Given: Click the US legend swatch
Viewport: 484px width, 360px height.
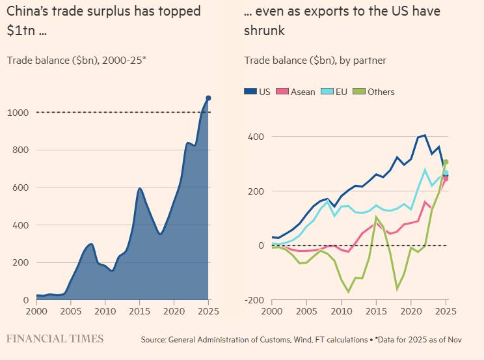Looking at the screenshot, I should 250,92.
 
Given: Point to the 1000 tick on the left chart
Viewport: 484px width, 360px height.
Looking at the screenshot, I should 18,113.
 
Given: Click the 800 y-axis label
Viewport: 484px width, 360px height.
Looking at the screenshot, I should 20,150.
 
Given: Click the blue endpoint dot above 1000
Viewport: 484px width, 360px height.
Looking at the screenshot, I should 208,98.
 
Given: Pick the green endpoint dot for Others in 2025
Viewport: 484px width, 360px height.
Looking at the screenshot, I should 446,162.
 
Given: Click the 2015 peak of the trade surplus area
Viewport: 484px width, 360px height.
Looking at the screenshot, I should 140,189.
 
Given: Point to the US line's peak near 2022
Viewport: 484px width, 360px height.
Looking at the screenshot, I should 425,135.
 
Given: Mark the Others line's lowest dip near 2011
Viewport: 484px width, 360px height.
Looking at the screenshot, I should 348,292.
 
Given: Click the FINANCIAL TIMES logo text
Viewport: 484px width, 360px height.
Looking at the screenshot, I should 55,339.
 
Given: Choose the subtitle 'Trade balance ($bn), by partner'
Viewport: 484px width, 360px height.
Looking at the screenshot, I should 315,61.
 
